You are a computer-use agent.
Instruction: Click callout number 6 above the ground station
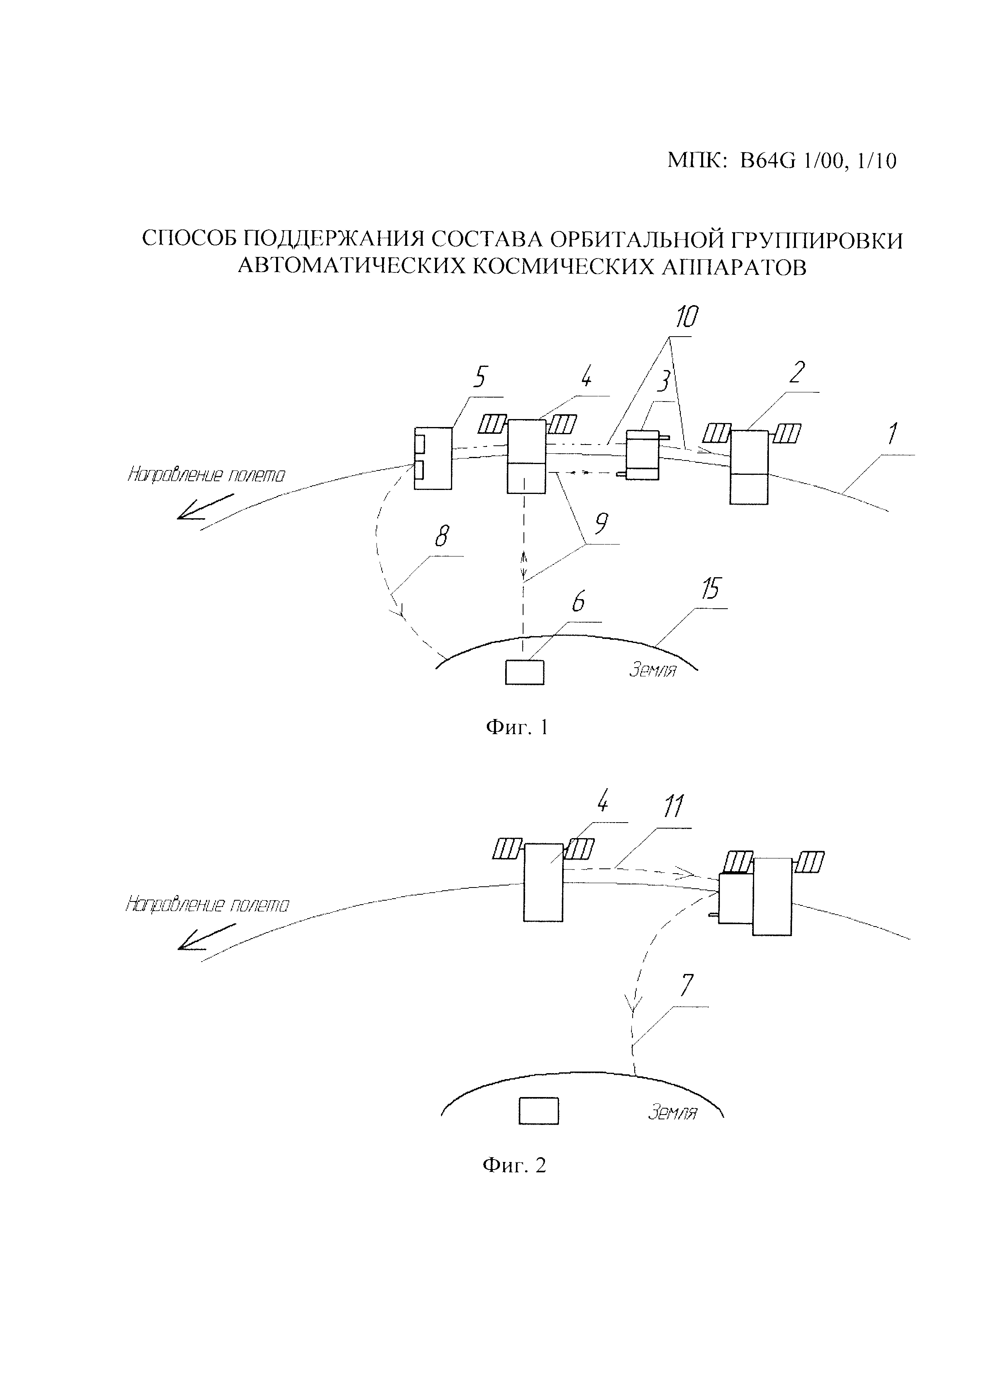click(578, 602)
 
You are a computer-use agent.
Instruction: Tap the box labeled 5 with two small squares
click(433, 458)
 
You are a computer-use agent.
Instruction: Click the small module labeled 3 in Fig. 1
click(643, 455)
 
